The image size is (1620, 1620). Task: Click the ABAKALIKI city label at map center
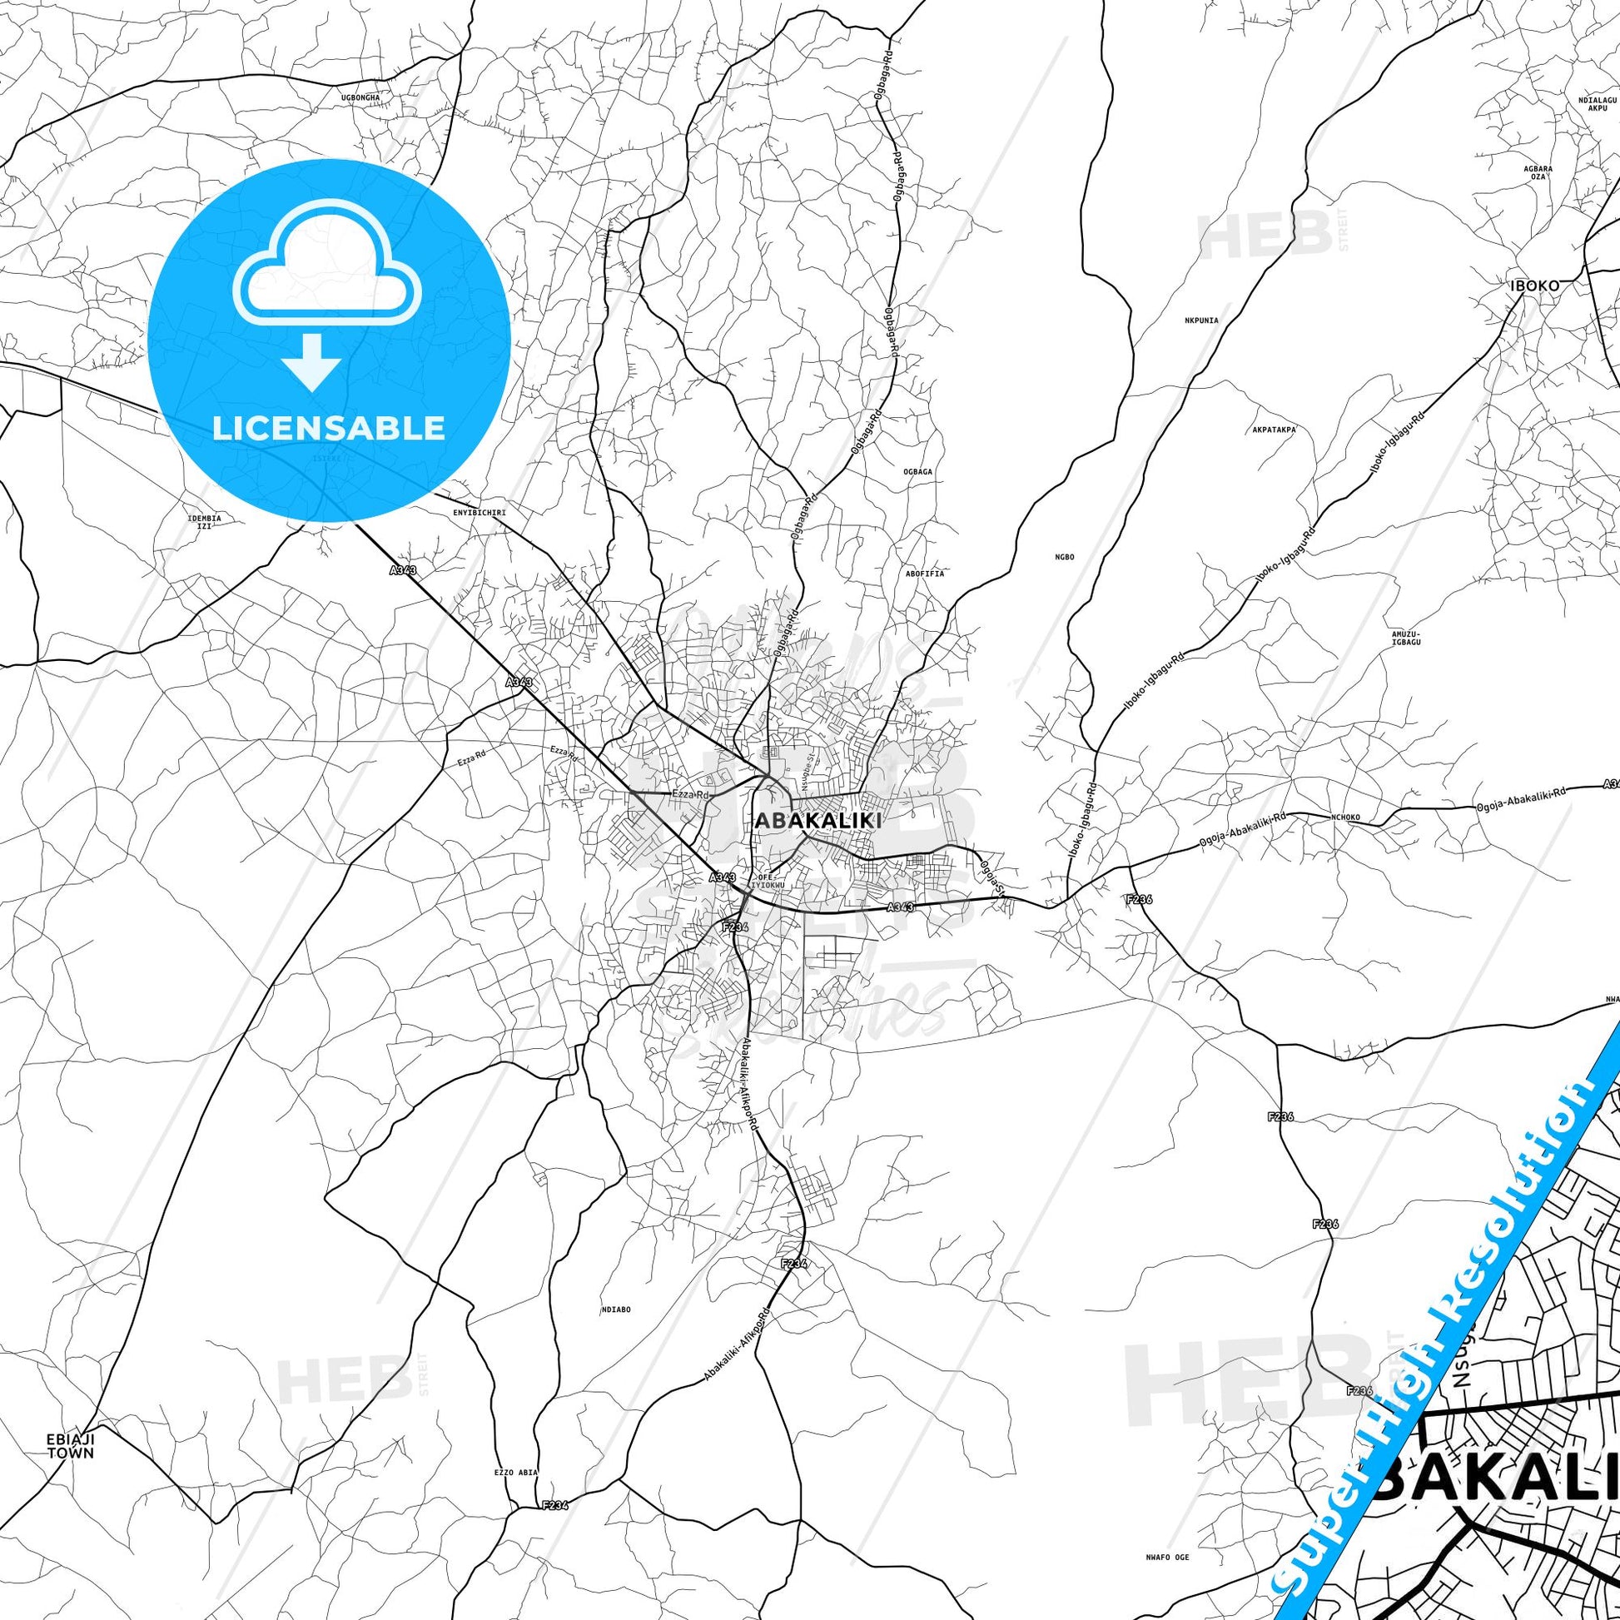[817, 821]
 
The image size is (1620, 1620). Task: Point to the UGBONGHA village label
[360, 97]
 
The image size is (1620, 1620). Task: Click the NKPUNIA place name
[1200, 321]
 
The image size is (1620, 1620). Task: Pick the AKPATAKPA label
[1273, 429]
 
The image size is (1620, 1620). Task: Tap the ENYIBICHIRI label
[479, 511]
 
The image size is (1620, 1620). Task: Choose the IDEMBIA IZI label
[206, 523]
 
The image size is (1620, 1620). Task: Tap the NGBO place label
[1065, 557]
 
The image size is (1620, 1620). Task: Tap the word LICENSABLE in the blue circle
[329, 428]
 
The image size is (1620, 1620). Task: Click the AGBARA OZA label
[1538, 171]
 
